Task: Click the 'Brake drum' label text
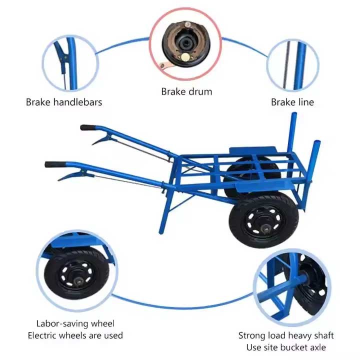(186, 91)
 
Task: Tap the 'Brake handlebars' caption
(64, 102)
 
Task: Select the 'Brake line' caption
(292, 102)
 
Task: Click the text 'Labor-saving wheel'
(75, 323)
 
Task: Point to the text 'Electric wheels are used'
(75, 335)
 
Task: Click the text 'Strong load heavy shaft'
(285, 335)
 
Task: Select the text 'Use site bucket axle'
(285, 347)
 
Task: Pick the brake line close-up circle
(292, 64)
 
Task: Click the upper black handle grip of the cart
(89, 127)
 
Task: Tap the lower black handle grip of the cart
(54, 164)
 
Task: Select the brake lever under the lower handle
(71, 175)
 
